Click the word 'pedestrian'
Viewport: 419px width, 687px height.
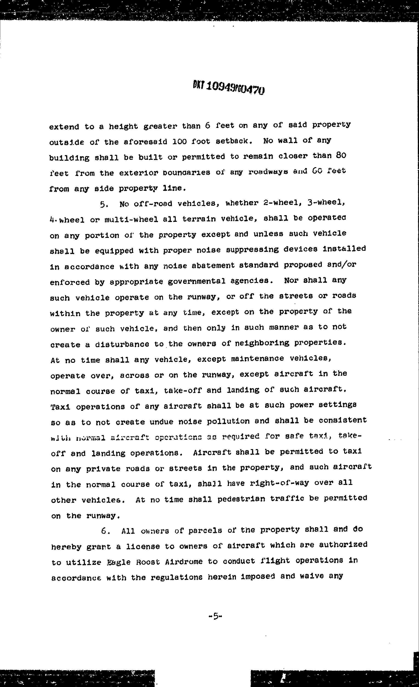241,498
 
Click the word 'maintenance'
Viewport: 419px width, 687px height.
258,359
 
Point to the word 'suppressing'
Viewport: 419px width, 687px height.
252,249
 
